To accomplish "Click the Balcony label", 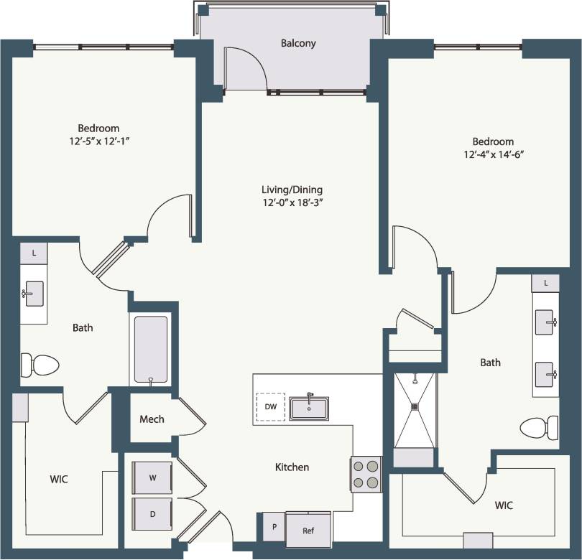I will coord(298,43).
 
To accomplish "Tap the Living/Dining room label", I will coord(292,190).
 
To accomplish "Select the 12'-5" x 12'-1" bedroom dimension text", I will coord(99,141).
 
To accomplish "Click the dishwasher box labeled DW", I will coord(271,407).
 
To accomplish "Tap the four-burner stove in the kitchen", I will coord(366,474).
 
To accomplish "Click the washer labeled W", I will coord(152,477).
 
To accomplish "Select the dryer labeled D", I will coord(152,514).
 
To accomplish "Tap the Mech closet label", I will coord(152,419).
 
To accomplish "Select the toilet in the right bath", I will coord(540,428).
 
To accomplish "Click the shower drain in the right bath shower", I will coord(415,406).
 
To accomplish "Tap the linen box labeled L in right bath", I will coord(545,283).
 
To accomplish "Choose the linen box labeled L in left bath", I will coord(33,253).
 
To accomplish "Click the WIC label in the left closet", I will coord(59,479).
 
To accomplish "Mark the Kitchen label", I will coord(292,467).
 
